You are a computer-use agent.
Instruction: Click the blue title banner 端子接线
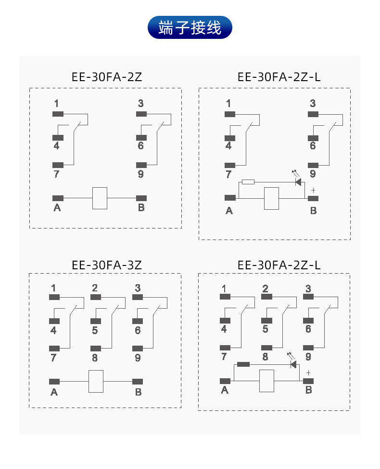(190, 27)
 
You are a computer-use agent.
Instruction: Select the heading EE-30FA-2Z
(106, 76)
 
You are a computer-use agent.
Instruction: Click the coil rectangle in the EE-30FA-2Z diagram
(100, 198)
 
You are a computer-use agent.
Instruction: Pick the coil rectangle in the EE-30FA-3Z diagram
(96, 382)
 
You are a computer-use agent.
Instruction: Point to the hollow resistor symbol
(248, 181)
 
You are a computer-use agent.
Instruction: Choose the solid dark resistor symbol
(243, 364)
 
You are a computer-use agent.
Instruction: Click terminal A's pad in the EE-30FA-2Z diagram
(58, 198)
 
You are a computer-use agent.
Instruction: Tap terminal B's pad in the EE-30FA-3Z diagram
(138, 382)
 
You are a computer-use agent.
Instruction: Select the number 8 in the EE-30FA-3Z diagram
(95, 358)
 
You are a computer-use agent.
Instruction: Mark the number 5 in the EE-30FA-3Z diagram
(95, 330)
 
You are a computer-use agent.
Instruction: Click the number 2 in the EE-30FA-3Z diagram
(95, 288)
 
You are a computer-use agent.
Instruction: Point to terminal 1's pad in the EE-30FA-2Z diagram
(58, 114)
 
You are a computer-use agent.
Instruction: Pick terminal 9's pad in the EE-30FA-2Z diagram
(141, 165)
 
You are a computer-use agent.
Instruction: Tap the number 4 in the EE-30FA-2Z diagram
(56, 145)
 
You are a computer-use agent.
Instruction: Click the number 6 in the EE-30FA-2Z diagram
(140, 145)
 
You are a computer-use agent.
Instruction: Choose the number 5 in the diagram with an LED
(265, 329)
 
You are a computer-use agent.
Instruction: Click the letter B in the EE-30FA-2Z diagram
(141, 208)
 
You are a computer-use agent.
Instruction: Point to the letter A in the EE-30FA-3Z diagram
(54, 392)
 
